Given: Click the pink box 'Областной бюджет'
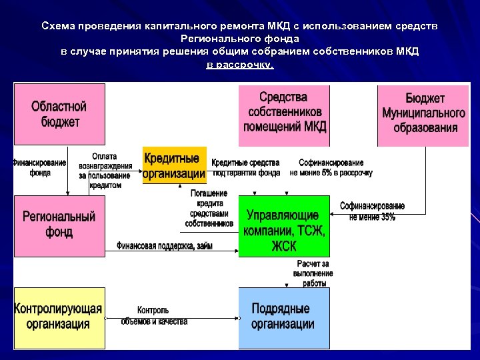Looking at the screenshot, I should coord(59,115).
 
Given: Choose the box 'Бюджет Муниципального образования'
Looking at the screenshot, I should coord(424,115).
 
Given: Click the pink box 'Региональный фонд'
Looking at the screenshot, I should coord(59,225).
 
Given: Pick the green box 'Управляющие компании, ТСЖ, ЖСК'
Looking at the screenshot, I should coord(284,227).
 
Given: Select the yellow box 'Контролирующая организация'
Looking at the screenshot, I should coord(59,317).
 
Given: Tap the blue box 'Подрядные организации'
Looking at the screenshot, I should coord(284,317).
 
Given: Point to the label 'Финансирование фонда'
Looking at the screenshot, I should coord(39,167).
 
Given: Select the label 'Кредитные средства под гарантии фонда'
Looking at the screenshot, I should coord(245,167).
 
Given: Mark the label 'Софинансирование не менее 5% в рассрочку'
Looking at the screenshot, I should coord(331,167).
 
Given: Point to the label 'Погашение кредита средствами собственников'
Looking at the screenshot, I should coord(209,208).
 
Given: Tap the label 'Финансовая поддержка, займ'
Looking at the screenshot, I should coord(165,246).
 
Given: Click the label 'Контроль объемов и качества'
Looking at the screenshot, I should coord(154,315).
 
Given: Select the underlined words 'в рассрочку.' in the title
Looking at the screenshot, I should coord(240,65).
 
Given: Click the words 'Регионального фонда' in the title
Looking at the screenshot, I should coord(240,39).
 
